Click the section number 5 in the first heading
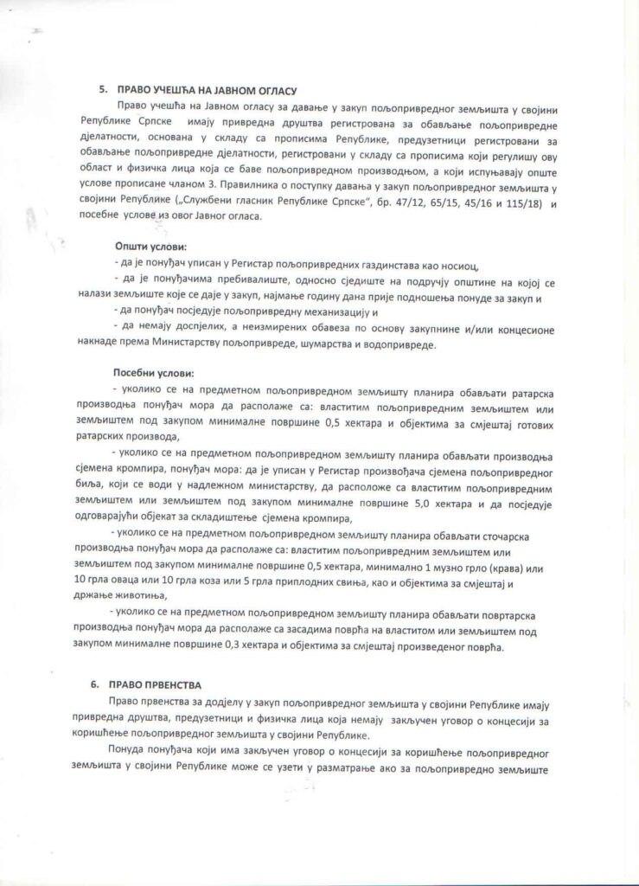[x=101, y=89]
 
